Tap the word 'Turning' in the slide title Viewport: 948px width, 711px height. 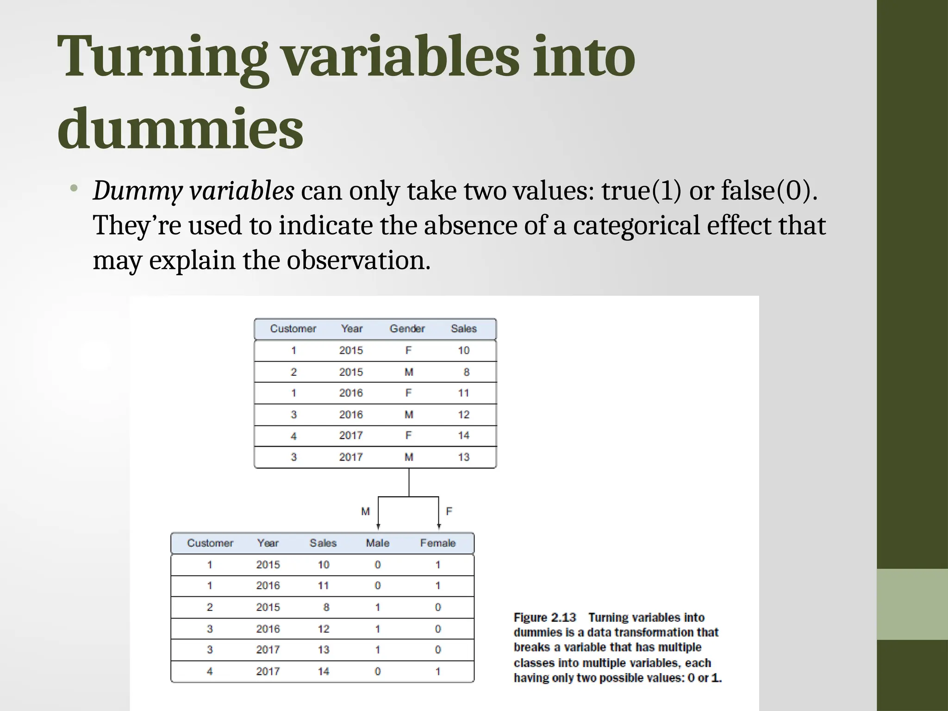point(162,57)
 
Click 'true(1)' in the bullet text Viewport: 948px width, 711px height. point(641,191)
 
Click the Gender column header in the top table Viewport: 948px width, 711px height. point(407,329)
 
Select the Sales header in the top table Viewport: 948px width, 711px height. point(464,329)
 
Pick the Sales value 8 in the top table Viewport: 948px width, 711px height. point(467,372)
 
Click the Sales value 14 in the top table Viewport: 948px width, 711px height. point(464,436)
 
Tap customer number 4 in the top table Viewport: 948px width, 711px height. point(293,436)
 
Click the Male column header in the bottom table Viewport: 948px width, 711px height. point(378,543)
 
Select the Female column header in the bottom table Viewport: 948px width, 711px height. point(438,543)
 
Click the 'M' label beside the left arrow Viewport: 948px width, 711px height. point(366,511)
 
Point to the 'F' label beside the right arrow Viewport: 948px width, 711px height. point(449,511)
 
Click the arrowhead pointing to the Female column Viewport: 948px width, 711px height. point(439,526)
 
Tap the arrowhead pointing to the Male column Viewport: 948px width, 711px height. point(378,526)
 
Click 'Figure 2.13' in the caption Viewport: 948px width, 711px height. point(545,617)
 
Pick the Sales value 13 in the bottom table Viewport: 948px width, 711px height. point(324,650)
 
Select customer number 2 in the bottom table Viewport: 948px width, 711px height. point(210,607)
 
